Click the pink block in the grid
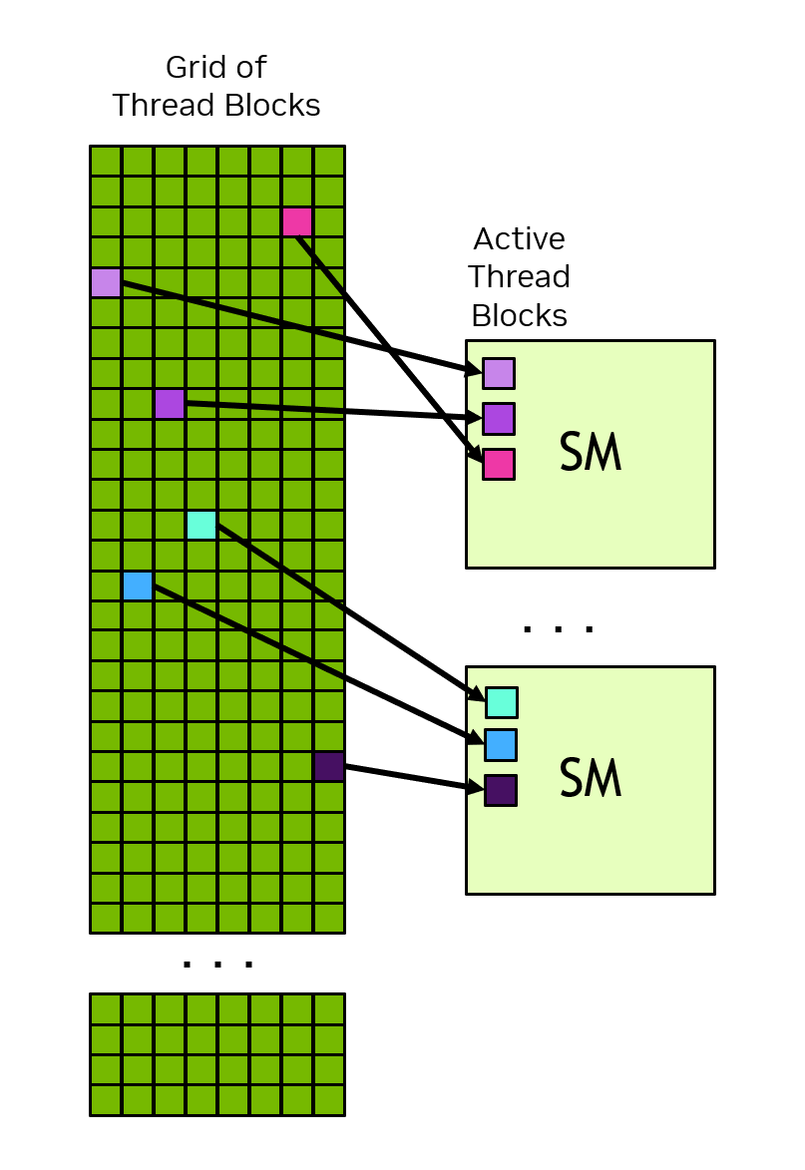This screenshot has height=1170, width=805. click(297, 221)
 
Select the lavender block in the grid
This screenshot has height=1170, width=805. click(106, 282)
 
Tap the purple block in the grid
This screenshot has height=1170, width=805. click(170, 404)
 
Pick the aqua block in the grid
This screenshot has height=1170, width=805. click(201, 525)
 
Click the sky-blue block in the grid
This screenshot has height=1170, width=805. click(138, 585)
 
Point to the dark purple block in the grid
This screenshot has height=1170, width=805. click(329, 766)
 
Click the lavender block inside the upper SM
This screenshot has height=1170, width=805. click(499, 373)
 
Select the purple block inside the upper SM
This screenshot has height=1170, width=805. click(499, 419)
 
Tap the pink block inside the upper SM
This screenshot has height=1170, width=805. click(499, 464)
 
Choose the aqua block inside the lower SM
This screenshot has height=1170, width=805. click(502, 702)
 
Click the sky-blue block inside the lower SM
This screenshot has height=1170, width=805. click(501, 745)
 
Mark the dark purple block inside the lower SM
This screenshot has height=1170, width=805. click(501, 790)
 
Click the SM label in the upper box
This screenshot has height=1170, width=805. click(591, 454)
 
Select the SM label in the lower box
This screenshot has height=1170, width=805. click(591, 779)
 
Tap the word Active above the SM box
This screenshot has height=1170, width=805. click(519, 239)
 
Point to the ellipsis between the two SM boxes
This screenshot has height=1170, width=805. click(559, 628)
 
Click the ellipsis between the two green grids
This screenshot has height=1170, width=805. click(217, 964)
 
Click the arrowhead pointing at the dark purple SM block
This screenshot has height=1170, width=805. click(475, 788)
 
